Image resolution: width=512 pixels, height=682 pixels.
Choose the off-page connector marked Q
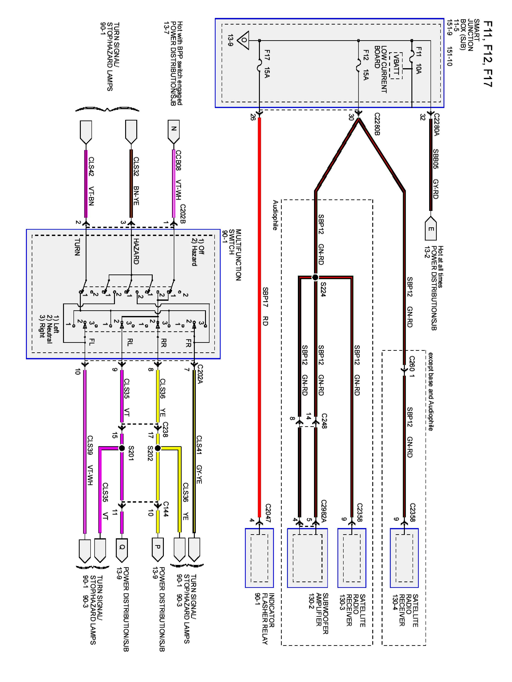pyautogui.click(x=122, y=550)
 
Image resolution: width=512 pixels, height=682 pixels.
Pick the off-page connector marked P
pyautogui.click(x=158, y=550)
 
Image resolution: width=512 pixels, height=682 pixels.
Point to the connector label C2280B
pyautogui.click(x=377, y=124)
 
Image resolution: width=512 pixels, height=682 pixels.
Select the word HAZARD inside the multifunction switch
pyautogui.click(x=136, y=251)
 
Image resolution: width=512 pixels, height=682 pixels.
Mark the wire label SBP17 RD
pyautogui.click(x=265, y=306)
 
